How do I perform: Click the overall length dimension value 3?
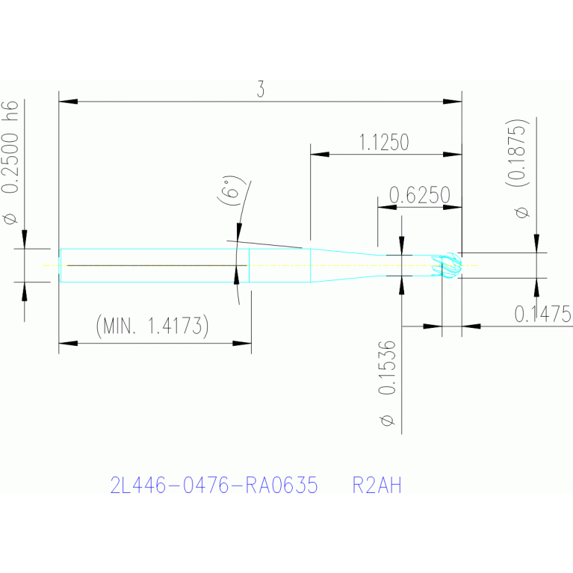[x=260, y=89]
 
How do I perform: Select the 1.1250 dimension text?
[x=384, y=142]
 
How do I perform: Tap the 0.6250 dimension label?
[x=420, y=195]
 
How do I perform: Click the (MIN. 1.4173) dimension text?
[x=152, y=326]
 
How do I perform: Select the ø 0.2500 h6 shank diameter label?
[x=10, y=162]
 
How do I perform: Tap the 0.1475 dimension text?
[x=543, y=314]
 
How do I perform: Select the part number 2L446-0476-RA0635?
[x=214, y=486]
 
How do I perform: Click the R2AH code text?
[x=377, y=486]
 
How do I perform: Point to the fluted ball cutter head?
[x=447, y=266]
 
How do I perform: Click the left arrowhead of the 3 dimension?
[x=68, y=101]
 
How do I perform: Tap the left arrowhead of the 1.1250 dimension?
[x=320, y=154]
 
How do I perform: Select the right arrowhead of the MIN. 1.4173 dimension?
[x=242, y=343]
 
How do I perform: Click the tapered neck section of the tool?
[x=344, y=265]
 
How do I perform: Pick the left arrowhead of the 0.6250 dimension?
[x=387, y=207]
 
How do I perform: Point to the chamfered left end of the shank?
[x=61, y=265]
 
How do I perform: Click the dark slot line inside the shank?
[x=157, y=265]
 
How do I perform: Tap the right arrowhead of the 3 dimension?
[x=453, y=101]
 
